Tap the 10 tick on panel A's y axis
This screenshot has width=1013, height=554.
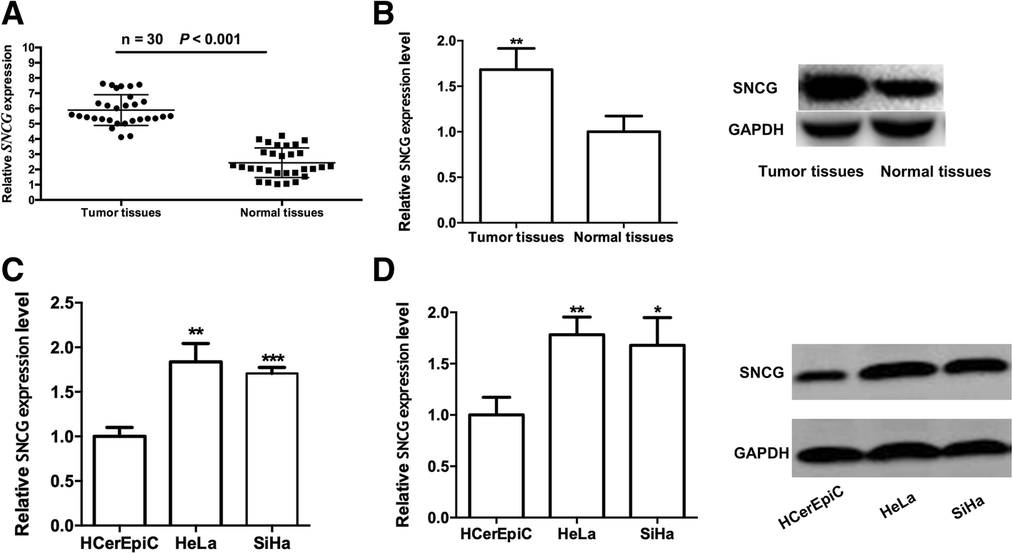point(29,48)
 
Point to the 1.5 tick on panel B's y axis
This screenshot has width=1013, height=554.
point(447,86)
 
